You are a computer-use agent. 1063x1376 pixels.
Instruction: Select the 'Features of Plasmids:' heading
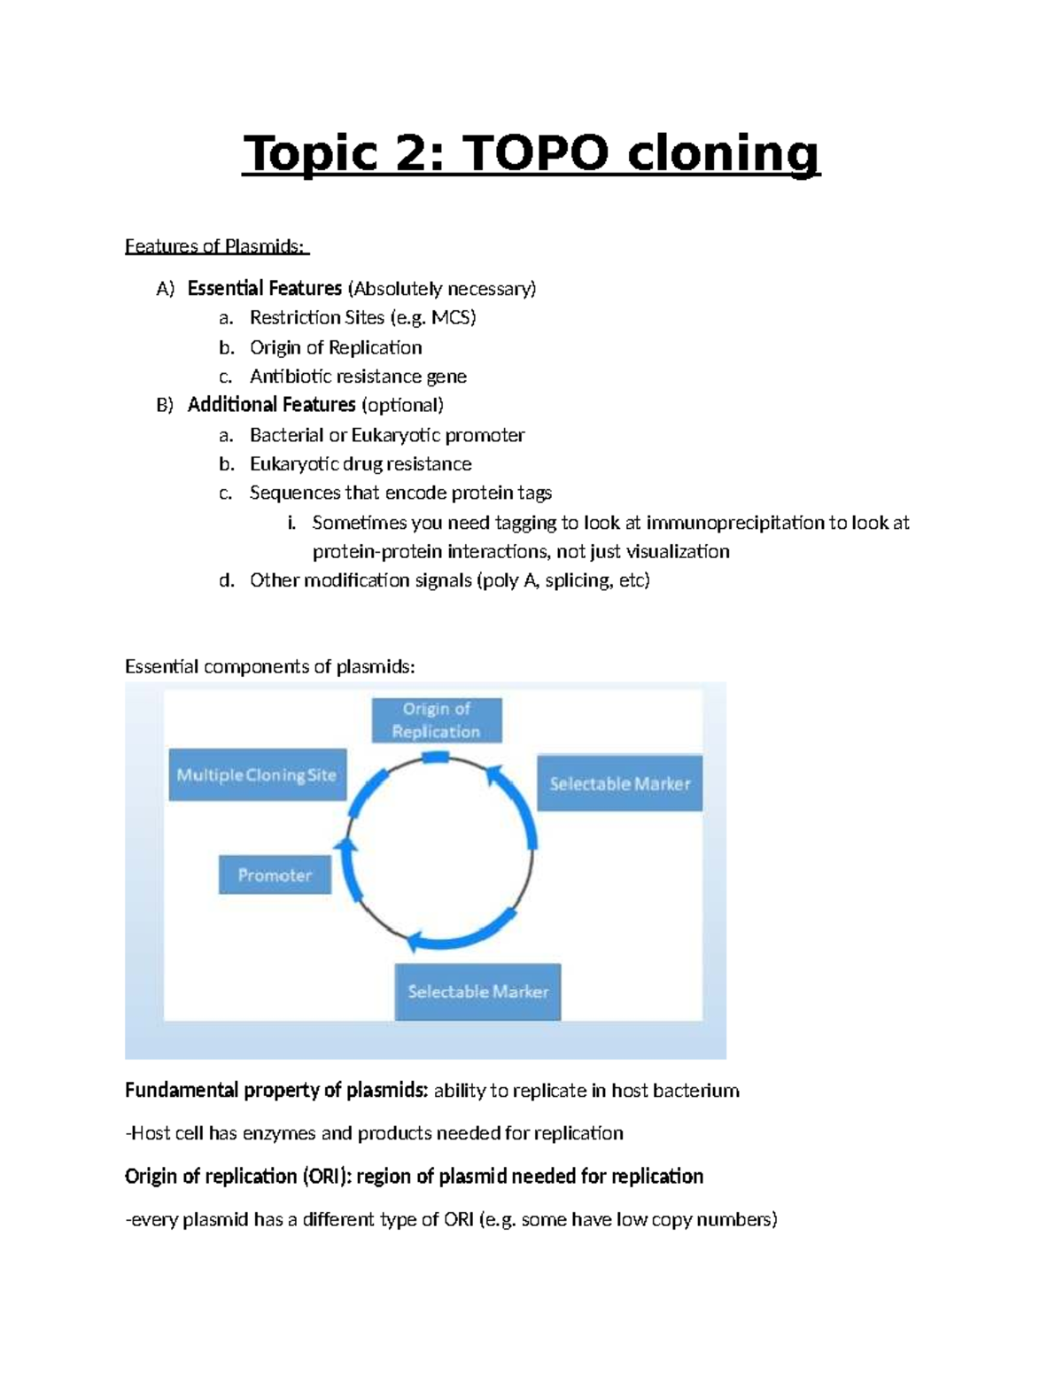pos(216,246)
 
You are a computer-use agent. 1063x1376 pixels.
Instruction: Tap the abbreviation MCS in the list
pos(453,317)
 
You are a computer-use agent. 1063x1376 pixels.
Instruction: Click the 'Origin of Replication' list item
pos(335,347)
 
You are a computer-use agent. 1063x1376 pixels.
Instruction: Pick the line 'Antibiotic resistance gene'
pos(358,377)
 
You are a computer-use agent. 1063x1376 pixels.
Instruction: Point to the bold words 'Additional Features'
pos(271,405)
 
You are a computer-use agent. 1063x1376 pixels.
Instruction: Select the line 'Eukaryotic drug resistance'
pos(361,464)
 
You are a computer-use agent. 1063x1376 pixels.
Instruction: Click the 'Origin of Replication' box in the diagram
pos(436,720)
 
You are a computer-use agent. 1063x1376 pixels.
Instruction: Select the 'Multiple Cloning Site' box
pos(257,775)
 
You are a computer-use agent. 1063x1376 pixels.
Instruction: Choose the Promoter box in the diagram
pos(275,875)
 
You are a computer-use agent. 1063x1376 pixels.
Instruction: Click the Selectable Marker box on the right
pos(619,783)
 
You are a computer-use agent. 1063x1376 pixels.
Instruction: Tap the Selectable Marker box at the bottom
pos(477,991)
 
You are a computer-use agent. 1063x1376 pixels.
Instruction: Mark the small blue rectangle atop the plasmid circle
pos(436,758)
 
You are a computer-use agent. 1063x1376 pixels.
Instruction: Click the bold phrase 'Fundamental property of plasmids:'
pos(276,1091)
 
